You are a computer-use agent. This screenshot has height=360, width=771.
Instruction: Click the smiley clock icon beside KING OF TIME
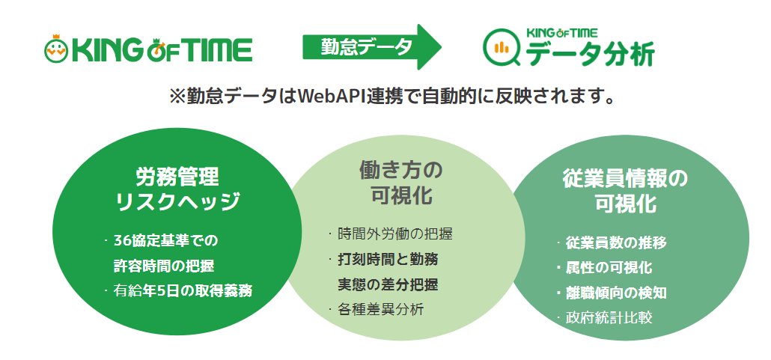click(x=56, y=48)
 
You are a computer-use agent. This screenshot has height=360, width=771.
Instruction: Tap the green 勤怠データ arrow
click(x=372, y=47)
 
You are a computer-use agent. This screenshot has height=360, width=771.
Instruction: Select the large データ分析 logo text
click(x=590, y=54)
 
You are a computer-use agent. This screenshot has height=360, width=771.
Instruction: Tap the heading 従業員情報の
click(x=625, y=179)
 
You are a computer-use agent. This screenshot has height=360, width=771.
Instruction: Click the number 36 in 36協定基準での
click(x=121, y=241)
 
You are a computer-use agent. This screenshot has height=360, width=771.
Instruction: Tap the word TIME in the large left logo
click(x=219, y=51)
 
